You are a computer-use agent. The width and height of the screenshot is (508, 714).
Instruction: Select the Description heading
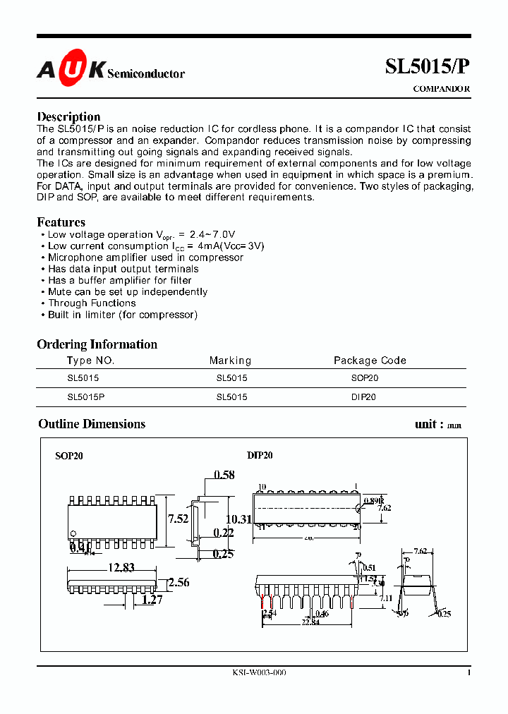68,116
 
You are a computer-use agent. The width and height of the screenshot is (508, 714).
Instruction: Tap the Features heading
61,222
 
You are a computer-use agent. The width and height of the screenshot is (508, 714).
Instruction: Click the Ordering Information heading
97,344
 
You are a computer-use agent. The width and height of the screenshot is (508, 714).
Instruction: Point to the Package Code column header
370,361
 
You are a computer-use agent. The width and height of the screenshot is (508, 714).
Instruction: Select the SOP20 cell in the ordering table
365,378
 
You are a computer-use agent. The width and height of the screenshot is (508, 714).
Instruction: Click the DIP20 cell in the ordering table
363,397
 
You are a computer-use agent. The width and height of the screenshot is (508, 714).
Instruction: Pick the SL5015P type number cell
86,397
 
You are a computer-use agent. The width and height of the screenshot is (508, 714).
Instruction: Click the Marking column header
230,361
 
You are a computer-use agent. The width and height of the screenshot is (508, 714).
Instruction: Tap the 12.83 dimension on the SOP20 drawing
121,567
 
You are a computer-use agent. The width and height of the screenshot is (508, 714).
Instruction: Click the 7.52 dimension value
179,519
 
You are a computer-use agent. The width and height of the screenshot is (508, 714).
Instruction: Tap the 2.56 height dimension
179,583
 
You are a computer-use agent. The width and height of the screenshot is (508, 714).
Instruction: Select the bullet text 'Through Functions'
92,303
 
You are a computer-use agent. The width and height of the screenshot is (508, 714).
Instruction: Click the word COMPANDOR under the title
441,89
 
